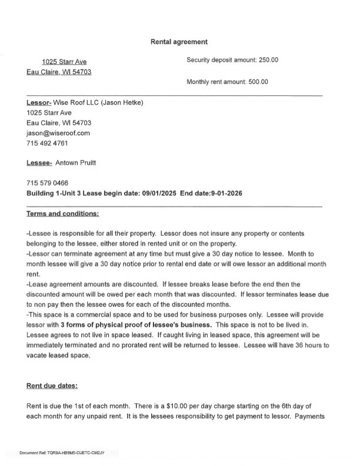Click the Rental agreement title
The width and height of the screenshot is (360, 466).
pos(179,42)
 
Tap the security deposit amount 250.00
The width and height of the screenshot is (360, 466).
pos(268,60)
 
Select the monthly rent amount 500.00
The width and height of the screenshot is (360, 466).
pos(258,82)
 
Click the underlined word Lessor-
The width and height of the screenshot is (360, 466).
pos(39,103)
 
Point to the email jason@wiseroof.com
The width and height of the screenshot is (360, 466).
pos(58,133)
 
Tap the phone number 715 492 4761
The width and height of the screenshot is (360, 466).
pos(47,143)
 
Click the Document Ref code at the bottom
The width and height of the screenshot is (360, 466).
pos(62,452)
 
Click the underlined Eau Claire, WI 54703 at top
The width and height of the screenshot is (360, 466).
pos(59,72)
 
